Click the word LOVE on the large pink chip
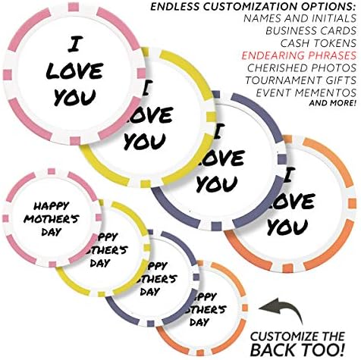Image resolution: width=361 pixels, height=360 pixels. click(75, 70)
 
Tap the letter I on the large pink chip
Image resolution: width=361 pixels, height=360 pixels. click(74, 45)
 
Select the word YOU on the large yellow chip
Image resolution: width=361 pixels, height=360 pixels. click(145, 141)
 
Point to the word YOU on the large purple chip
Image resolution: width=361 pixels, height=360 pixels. click(217, 183)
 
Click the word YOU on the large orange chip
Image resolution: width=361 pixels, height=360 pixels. click(287, 227)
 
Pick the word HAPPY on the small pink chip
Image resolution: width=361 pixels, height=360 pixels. click(52, 206)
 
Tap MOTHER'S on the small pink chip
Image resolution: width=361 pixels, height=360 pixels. click(52, 219)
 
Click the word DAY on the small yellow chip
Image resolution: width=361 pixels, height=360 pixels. click(100, 263)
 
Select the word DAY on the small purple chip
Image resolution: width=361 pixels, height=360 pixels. click(150, 292)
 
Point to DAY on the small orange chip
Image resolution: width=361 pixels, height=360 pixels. click(199, 322)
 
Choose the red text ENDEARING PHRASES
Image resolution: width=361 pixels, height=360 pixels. click(299, 55)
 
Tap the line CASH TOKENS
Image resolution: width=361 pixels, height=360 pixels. click(318, 43)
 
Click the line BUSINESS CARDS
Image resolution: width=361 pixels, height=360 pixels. click(311, 30)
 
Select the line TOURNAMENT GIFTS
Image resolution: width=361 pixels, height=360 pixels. click(301, 80)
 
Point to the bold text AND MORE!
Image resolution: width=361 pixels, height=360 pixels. click(333, 103)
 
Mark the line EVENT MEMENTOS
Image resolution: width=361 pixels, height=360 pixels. click(306, 92)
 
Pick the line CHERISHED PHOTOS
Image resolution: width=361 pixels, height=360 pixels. click(302, 67)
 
